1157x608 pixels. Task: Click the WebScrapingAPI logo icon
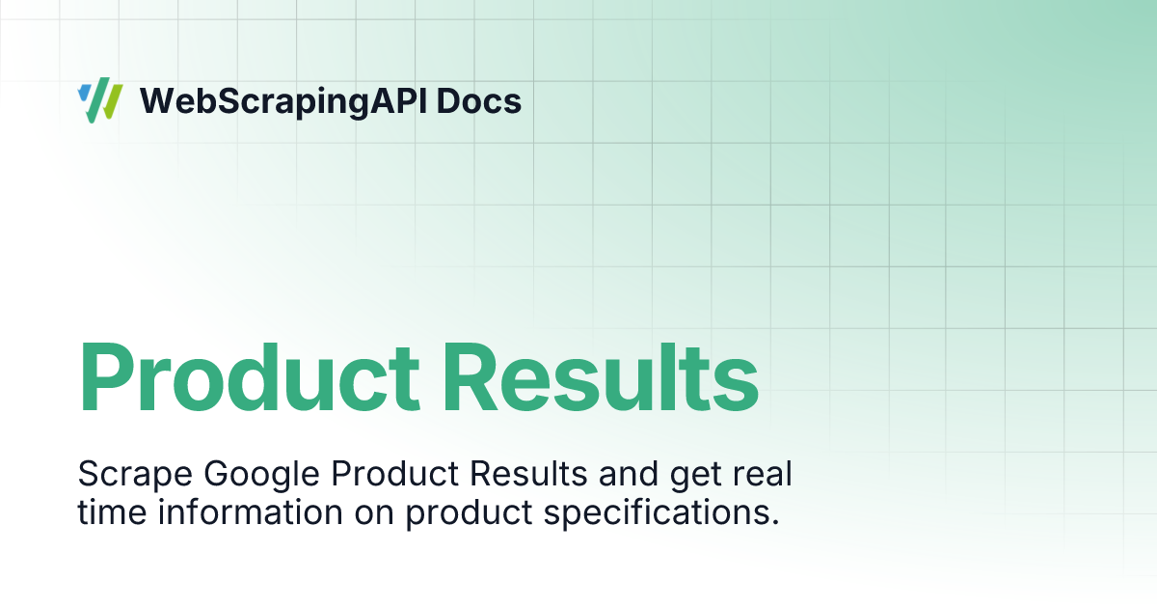[99, 100]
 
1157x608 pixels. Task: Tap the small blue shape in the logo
[84, 93]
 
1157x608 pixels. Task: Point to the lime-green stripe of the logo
[112, 102]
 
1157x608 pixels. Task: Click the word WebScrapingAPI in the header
[283, 102]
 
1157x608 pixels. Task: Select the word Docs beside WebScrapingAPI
[479, 100]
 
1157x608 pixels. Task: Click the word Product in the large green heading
[249, 376]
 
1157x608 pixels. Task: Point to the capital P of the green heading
[106, 377]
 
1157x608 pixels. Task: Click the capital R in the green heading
[473, 377]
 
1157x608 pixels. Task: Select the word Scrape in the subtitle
[135, 475]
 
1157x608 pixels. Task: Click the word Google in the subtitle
[261, 475]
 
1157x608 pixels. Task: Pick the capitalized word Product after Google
[394, 473]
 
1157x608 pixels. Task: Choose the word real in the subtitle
[763, 473]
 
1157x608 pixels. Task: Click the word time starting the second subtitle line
[112, 512]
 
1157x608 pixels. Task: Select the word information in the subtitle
[251, 512]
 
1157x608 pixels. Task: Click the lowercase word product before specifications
[469, 513]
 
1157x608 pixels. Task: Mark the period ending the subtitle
[775, 523]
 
